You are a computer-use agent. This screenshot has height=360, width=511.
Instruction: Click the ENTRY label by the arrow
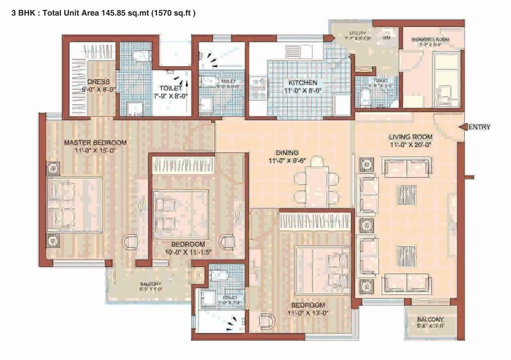coord(480,127)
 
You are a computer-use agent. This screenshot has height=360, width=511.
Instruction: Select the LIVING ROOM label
coord(410,137)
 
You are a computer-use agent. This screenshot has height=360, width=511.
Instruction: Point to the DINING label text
coord(288,153)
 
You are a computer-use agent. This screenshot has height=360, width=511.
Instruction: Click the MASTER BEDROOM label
coord(95,143)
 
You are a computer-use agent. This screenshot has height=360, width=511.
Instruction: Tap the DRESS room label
coord(99,82)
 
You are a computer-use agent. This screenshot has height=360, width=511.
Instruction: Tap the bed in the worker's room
coord(446,79)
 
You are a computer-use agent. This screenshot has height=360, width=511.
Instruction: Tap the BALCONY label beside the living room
coord(430,319)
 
